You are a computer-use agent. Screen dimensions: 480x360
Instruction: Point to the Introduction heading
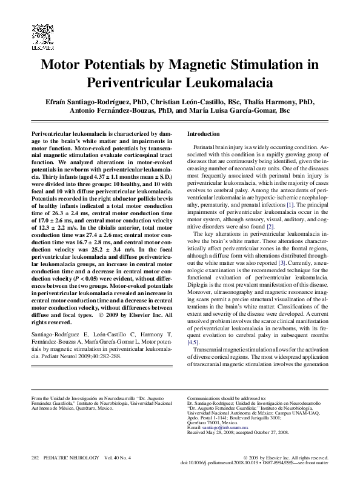coord(204,133)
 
